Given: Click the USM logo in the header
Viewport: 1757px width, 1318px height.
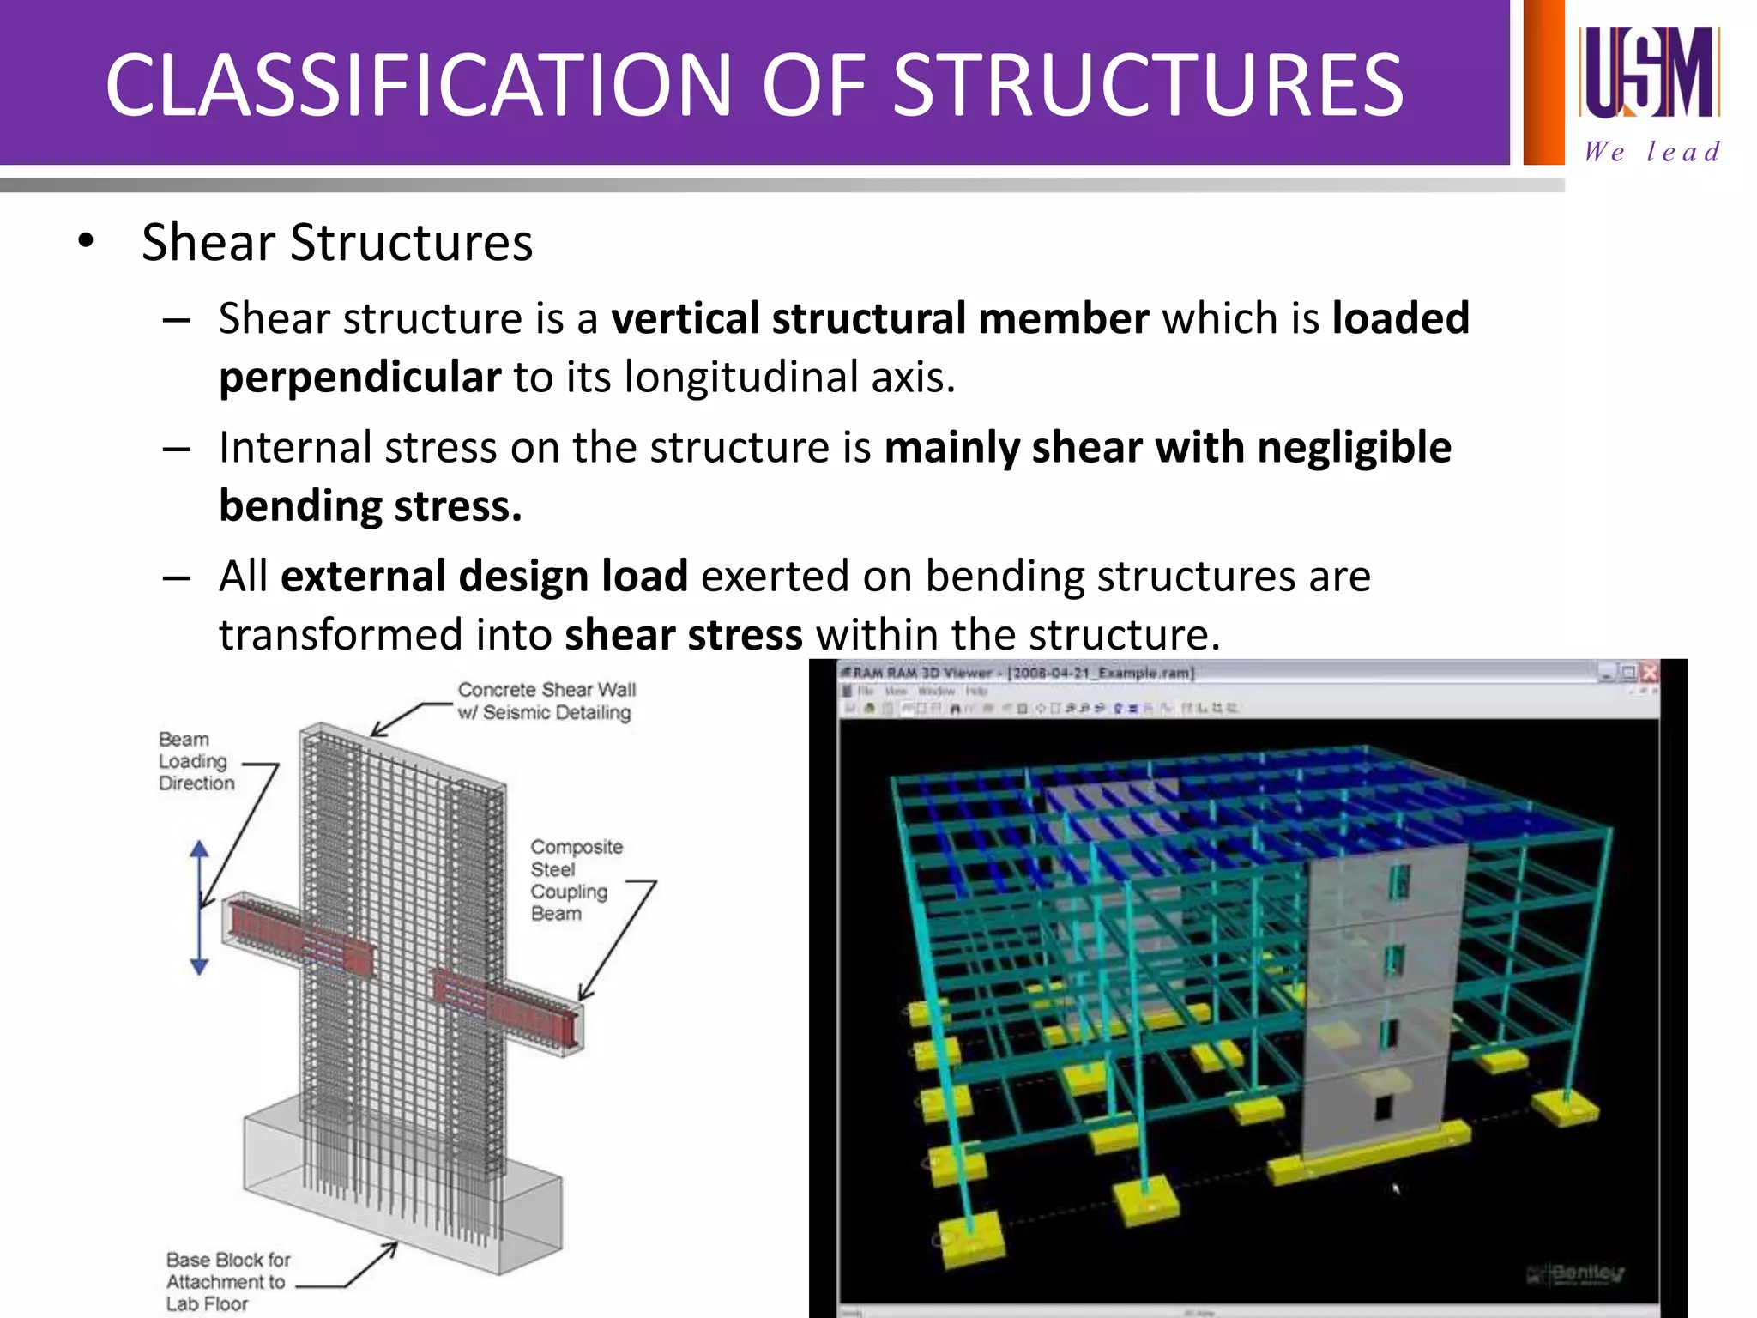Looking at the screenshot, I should click(x=1648, y=72).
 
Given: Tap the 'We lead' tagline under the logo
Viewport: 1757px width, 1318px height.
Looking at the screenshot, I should click(x=1651, y=152).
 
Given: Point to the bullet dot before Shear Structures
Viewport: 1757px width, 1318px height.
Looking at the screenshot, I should click(x=85, y=242).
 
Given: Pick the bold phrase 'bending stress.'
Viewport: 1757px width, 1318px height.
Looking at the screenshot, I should click(x=370, y=506).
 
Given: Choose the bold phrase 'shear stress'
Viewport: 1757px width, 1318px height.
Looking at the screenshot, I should click(x=683, y=635).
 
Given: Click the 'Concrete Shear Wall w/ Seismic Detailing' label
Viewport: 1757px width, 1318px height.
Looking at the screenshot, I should click(x=546, y=701).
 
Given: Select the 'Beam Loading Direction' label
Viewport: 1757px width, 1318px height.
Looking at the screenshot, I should click(x=196, y=761).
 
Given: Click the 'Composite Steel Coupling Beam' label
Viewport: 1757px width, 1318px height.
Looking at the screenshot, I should click(x=575, y=880).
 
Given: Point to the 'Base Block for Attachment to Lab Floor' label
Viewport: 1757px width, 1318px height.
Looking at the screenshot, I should click(x=227, y=1281).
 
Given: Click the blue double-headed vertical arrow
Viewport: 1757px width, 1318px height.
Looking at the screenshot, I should click(x=199, y=908).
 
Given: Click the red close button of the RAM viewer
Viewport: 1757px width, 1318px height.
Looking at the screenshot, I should click(x=1648, y=673).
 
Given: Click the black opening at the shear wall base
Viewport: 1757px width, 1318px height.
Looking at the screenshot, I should click(x=1383, y=1107).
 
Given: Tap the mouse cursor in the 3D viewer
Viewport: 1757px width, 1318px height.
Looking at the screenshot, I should click(x=1396, y=1188).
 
